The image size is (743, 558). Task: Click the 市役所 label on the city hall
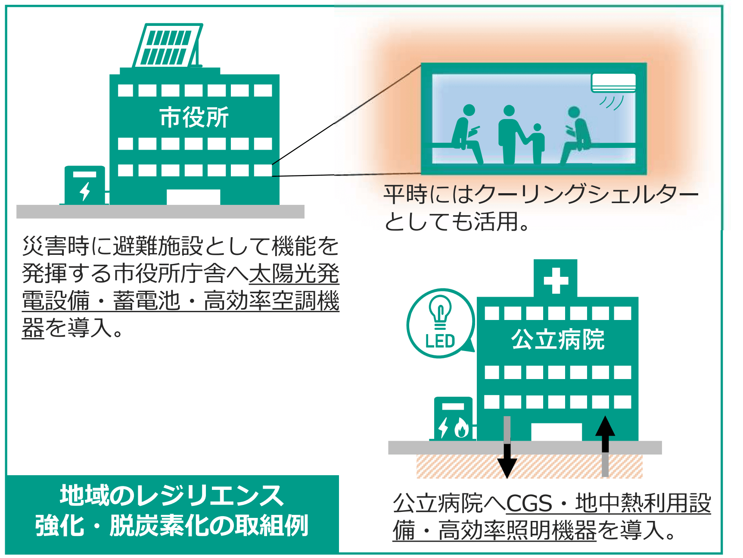194,117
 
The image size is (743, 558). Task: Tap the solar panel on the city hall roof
168,45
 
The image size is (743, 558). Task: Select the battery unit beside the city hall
85,185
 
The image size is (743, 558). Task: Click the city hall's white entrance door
193,197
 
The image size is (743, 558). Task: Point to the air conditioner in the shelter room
613,83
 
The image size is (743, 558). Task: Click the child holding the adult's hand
537,144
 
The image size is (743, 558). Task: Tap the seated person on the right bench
576,135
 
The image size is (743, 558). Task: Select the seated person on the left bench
467,134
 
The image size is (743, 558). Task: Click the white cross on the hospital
556,281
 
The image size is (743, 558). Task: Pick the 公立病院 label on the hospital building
558,339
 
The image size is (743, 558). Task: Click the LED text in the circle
440,341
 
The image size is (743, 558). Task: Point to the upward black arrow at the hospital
605,446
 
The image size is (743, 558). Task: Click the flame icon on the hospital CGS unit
461,428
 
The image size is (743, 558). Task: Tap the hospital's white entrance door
556,432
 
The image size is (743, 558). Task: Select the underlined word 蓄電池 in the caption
146,301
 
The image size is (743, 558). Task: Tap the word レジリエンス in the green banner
209,495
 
